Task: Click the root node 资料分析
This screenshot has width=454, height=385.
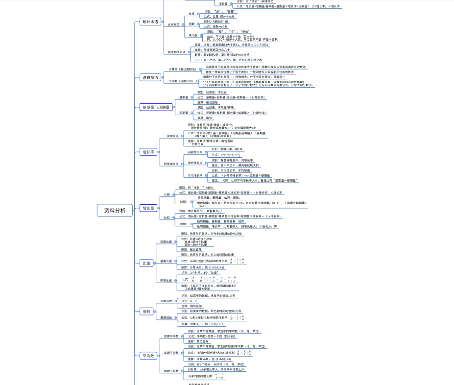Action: coord(115,211)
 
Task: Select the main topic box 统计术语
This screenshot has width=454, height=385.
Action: coord(150,22)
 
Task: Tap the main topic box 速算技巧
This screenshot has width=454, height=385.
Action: coord(150,77)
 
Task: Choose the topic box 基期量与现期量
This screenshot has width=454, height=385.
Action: coord(156,107)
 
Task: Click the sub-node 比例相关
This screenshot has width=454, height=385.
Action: coord(174,24)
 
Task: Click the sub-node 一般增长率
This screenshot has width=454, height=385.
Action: coord(171,136)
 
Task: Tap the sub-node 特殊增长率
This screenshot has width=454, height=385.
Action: coord(171,164)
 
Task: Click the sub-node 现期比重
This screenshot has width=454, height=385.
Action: coord(166,241)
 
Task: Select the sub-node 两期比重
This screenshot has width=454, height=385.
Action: coord(166,281)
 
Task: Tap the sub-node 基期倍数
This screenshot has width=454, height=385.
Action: coord(166,317)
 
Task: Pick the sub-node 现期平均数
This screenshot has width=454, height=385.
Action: coord(171,336)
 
